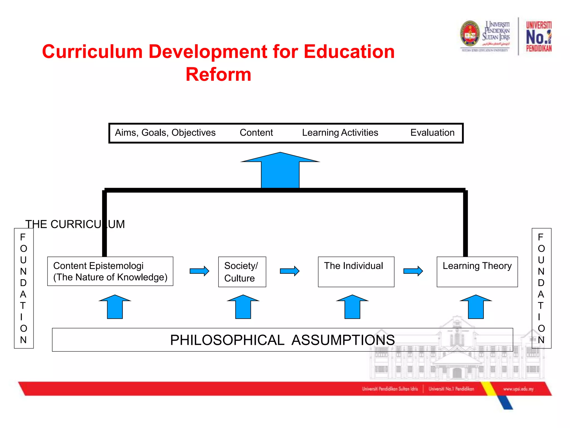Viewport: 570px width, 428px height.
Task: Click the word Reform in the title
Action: pos(218,74)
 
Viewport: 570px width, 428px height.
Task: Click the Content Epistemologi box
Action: pos(110,271)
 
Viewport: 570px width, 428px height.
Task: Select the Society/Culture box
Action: pos(242,272)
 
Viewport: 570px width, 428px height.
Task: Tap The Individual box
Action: pos(356,272)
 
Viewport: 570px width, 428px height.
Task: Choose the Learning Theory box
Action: pos(477,272)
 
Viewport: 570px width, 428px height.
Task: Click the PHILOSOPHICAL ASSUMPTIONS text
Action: pos(282,340)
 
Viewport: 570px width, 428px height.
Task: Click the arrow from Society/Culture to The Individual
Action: pos(289,271)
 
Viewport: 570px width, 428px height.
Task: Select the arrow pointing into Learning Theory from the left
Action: pos(413,271)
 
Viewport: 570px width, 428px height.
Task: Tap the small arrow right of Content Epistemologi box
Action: pos(199,271)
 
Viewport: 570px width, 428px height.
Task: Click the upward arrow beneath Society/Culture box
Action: pos(243,307)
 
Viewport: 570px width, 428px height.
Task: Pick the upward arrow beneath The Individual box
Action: pos(352,307)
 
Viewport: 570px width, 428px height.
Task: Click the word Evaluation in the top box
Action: pos(432,133)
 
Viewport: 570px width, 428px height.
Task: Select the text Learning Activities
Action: pos(340,133)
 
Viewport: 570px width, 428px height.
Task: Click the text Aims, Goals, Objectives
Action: pos(165,133)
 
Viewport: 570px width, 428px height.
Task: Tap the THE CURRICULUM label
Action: pos(75,224)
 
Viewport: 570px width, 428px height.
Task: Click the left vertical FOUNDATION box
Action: pos(24,288)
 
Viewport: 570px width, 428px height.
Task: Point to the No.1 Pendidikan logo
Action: pos(539,37)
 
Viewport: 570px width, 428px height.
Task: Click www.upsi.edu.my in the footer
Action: pos(518,389)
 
